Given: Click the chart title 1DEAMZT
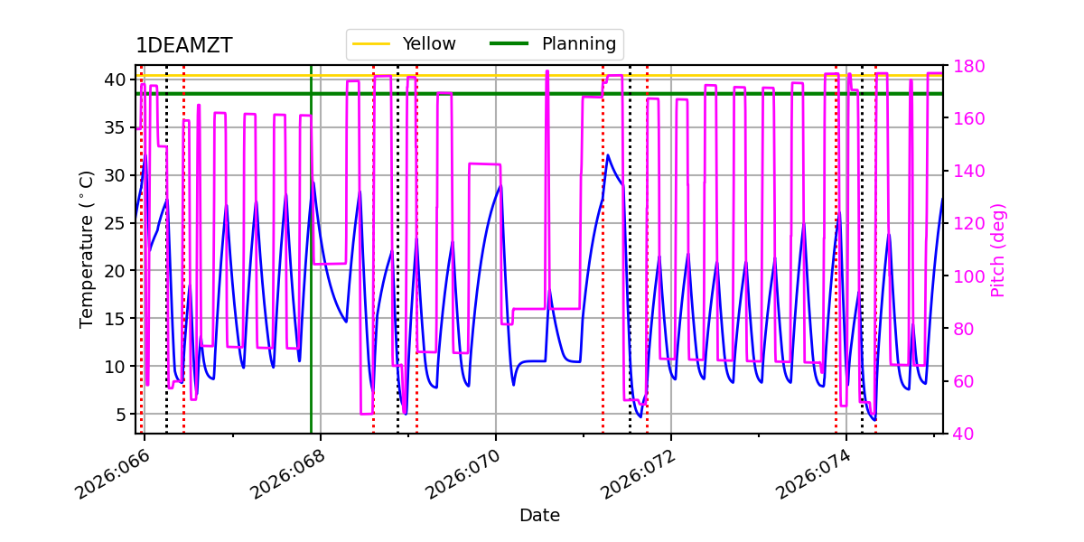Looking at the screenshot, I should click(183, 46).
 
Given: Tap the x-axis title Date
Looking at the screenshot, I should click(539, 516).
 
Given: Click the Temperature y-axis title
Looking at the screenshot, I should click(87, 249).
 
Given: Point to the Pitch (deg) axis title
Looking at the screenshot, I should click(997, 249).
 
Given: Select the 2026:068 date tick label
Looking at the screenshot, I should click(285, 476).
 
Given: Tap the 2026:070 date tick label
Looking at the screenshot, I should click(461, 476).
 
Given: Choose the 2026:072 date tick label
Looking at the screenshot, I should click(636, 476).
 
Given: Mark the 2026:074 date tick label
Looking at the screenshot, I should click(811, 476).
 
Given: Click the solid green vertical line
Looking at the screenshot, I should click(311, 271).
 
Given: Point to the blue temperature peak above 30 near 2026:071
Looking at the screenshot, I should click(608, 155).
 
